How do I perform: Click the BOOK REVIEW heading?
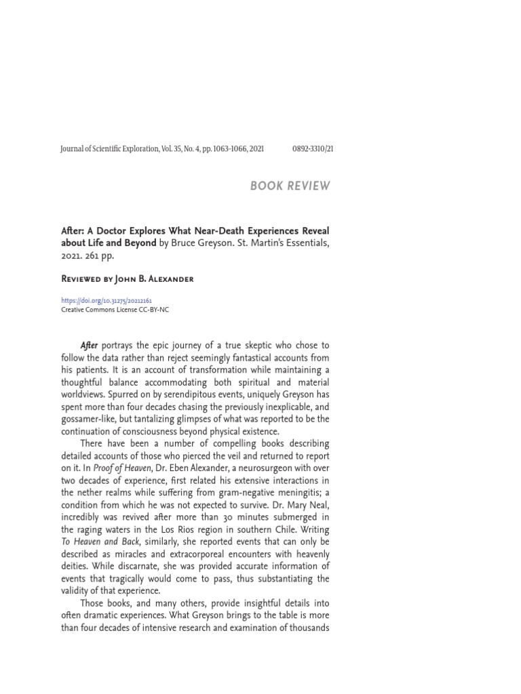pos(290,186)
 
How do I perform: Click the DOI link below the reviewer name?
pos(106,300)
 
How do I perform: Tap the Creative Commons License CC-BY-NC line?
pos(115,309)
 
